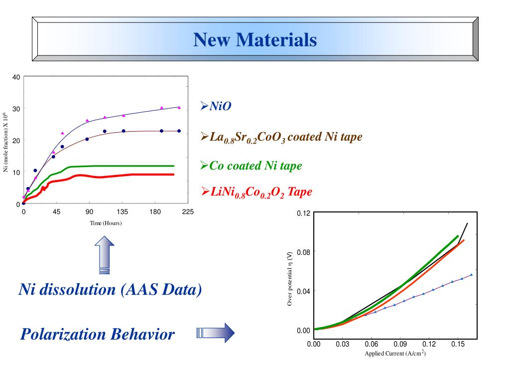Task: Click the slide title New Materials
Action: pos(255,39)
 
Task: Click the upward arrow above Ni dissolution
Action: pos(104,255)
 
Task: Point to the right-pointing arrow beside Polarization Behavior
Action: pos(216,333)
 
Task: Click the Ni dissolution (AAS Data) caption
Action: pos(110,289)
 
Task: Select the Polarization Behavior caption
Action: pos(98,334)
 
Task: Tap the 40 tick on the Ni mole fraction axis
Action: pos(16,77)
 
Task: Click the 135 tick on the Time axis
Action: pos(123,212)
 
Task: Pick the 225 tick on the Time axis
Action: pos(187,212)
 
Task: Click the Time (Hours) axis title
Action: pos(106,223)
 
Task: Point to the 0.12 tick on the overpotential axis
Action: pos(303,214)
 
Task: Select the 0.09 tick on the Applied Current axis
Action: pos(400,344)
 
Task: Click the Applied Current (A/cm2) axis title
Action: pos(395,354)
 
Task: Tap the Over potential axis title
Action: pos(290,278)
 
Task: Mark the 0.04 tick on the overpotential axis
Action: pos(303,291)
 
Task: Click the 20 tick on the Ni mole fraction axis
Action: pos(16,141)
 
